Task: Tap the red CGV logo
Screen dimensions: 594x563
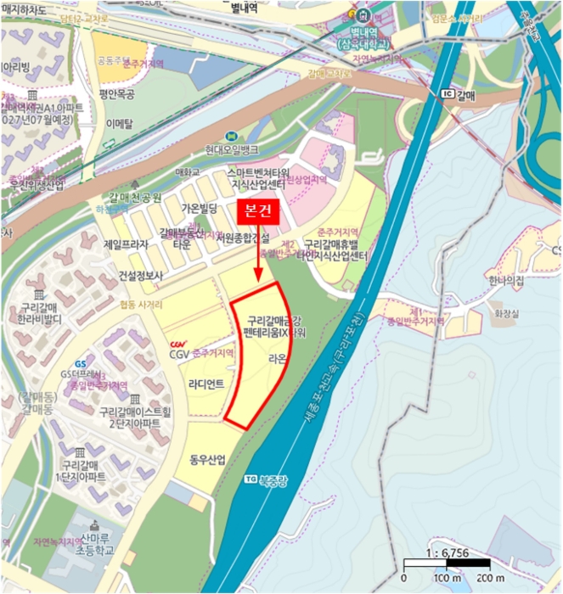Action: click(177, 344)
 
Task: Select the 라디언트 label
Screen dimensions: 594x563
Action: click(207, 384)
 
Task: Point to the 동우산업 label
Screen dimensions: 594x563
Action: click(208, 461)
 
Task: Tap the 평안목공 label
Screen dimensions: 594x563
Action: click(118, 94)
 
